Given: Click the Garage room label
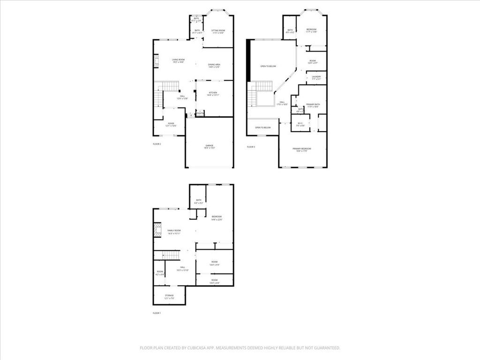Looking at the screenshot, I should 209,147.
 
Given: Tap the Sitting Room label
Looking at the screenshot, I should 218,31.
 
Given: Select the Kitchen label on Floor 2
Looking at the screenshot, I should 214,94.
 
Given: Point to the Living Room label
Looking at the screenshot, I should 178,60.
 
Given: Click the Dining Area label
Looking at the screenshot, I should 215,66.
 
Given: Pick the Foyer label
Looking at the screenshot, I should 171,125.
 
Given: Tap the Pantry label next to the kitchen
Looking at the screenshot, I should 200,113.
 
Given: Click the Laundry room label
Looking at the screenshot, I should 316,78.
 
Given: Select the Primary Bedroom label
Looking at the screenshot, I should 302,150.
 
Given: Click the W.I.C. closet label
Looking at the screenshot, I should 300,125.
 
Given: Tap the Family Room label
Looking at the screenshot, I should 174,232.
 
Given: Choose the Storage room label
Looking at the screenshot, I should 169,297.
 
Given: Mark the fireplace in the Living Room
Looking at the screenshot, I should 157,61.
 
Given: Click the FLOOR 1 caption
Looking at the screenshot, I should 157,313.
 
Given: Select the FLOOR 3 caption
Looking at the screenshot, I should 251,147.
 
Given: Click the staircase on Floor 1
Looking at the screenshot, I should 171,255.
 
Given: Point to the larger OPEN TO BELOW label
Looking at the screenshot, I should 268,67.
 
